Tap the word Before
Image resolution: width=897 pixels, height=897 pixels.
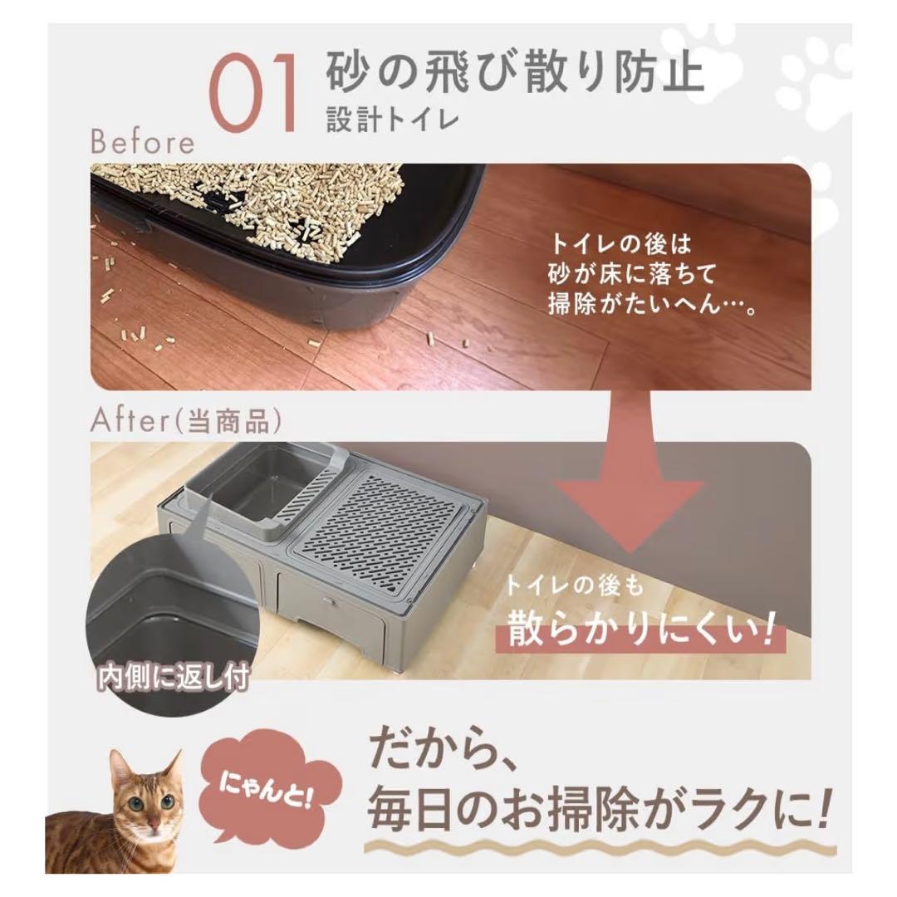click(x=142, y=142)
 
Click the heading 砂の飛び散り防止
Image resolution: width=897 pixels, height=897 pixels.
click(x=515, y=72)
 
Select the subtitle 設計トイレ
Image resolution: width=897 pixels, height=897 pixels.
click(x=393, y=120)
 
